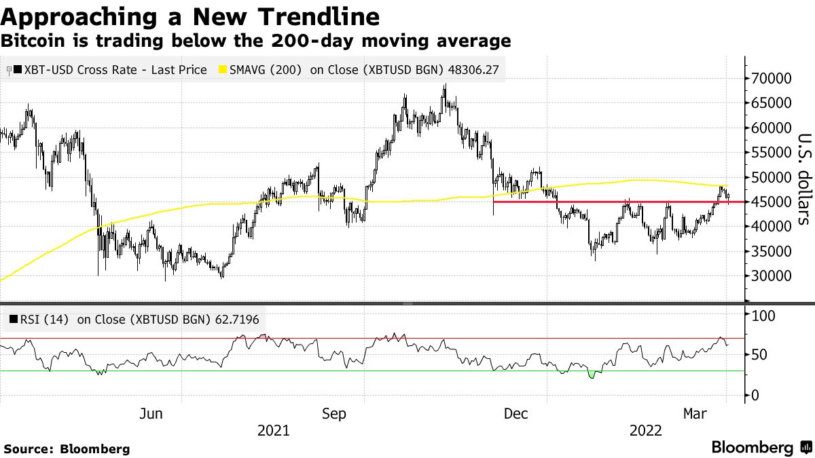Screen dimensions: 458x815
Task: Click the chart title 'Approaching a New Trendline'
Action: point(190,15)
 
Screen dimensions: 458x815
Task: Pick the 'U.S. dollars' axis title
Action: point(803,178)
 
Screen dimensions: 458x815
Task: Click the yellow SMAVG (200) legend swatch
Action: point(222,69)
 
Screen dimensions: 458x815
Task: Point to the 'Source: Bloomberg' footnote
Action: point(67,449)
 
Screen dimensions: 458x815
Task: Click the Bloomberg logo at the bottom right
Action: point(761,448)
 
